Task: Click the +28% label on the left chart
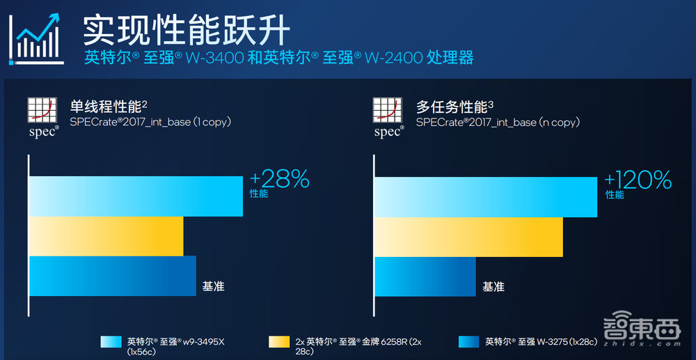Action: point(279,180)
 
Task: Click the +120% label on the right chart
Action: point(638,180)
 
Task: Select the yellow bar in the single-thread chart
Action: point(106,236)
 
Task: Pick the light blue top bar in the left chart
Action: point(136,196)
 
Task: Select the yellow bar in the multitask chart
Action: point(468,237)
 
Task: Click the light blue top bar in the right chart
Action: point(486,197)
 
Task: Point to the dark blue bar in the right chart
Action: point(425,276)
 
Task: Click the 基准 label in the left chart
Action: point(213,285)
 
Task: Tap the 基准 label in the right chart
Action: point(493,285)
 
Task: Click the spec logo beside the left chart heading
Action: point(43,117)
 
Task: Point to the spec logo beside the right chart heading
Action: point(388,117)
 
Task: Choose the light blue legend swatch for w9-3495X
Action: point(111,341)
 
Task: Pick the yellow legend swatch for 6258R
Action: point(278,341)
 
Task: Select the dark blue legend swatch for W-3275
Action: point(468,341)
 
